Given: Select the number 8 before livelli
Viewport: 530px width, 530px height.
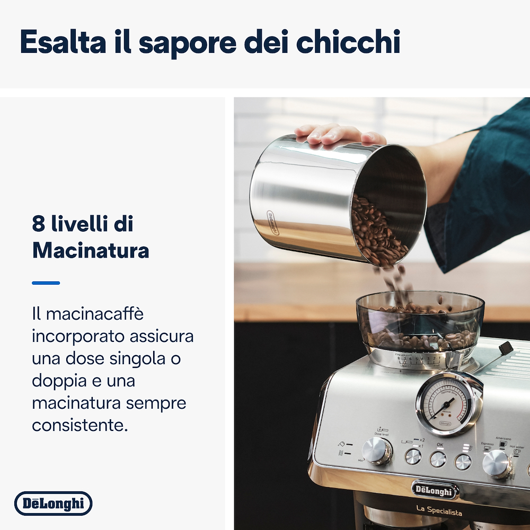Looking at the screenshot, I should (38, 224).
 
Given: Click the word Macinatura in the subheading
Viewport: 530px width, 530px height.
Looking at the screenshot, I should (90, 250).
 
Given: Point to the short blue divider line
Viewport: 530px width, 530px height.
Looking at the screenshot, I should (46, 283).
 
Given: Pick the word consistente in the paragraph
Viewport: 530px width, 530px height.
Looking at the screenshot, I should (79, 425).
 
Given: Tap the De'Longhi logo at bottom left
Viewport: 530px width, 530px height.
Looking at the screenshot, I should (53, 503).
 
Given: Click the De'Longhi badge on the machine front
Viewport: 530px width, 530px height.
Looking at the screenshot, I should (435, 490).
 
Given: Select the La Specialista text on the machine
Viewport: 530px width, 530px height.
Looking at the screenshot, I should (439, 511).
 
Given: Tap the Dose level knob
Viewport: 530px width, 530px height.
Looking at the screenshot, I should (377, 451).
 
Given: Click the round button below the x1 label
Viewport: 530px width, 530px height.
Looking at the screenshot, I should (413, 456).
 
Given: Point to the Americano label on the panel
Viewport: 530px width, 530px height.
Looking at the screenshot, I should (503, 439).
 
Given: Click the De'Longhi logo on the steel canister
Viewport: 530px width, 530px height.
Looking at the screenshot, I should (272, 223).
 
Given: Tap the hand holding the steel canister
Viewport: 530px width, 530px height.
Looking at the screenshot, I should (339, 134).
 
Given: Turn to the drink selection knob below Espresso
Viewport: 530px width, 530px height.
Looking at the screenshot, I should (497, 464).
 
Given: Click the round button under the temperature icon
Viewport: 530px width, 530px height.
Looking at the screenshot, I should (463, 462).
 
